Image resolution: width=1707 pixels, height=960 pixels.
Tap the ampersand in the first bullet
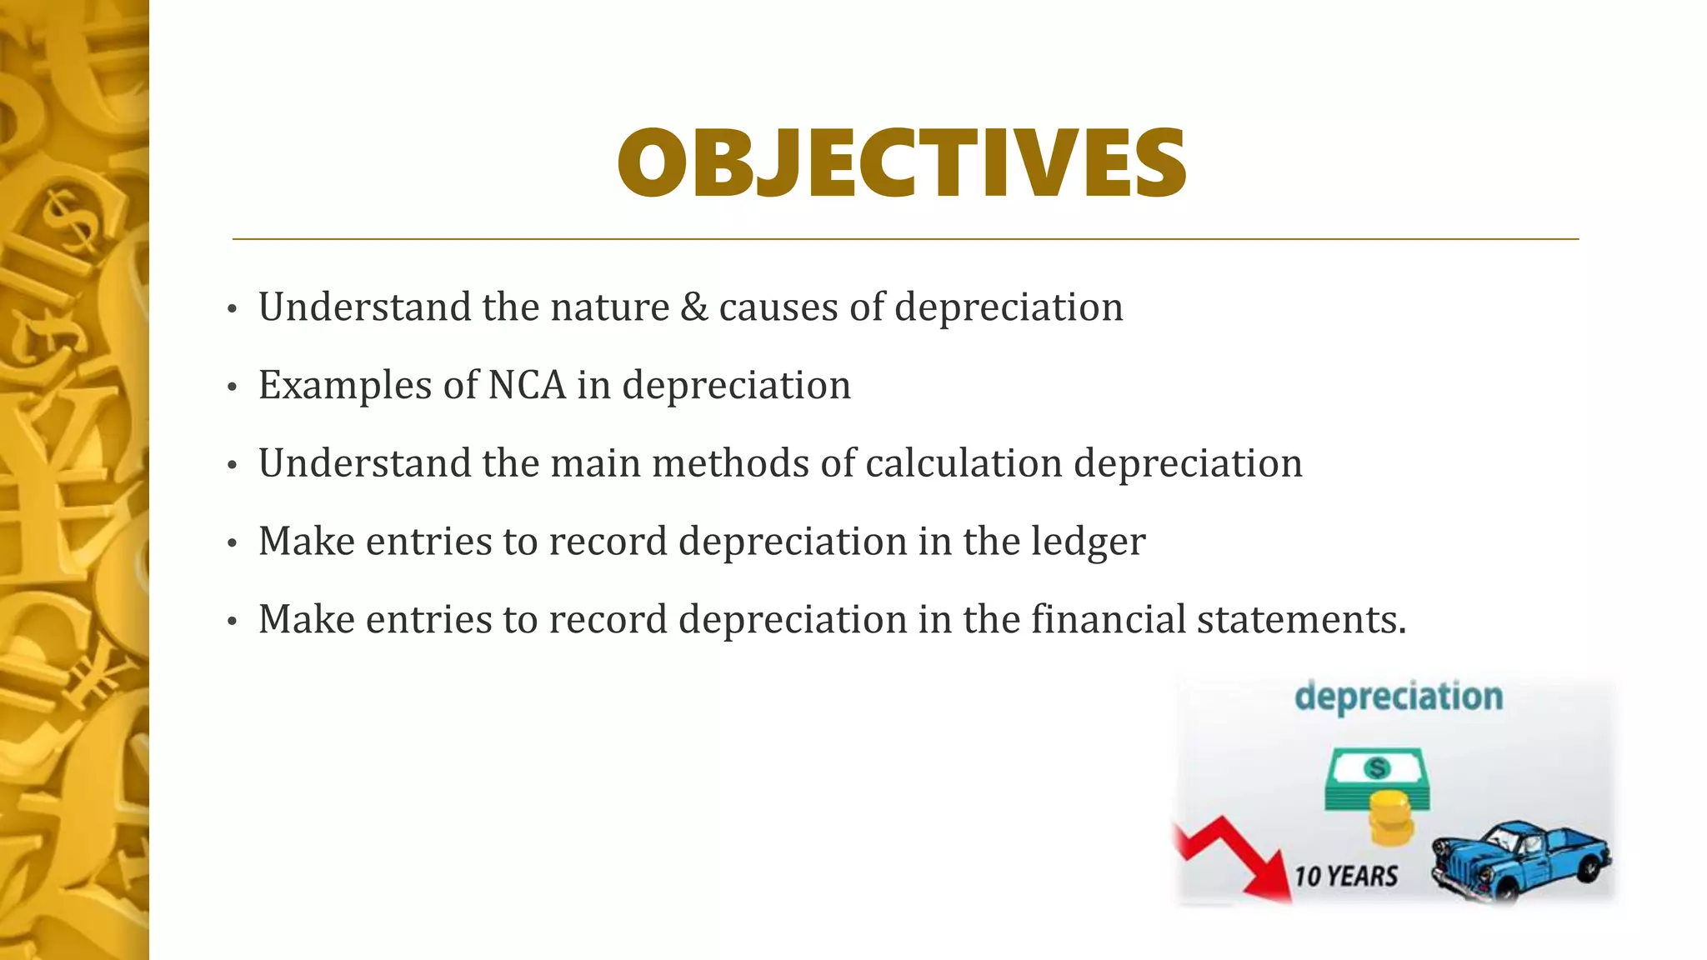[694, 307]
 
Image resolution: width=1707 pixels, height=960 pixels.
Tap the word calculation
[964, 463]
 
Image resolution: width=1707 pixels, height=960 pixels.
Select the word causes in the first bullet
[778, 307]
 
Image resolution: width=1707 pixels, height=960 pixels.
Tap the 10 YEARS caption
[1345, 877]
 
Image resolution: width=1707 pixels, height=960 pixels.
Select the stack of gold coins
[1391, 817]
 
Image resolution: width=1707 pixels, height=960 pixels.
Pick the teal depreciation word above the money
[1399, 697]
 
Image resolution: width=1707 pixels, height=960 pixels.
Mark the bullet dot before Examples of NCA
[233, 387]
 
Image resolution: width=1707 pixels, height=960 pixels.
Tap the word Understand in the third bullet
[364, 463]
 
